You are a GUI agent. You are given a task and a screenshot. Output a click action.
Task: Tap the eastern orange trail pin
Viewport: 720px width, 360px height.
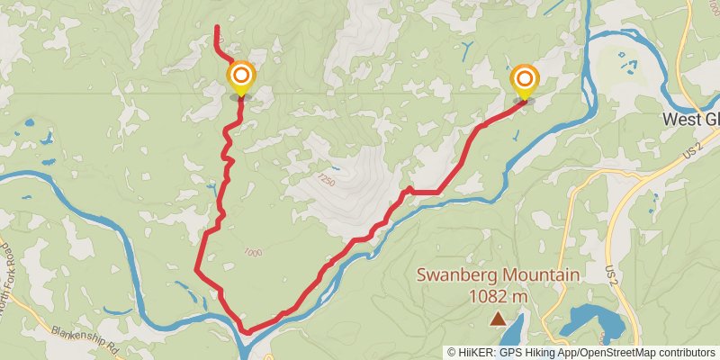point(523,80)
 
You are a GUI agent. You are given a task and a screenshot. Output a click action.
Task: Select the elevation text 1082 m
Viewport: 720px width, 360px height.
point(498,295)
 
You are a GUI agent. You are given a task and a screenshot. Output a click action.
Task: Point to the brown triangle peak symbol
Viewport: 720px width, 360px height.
point(498,318)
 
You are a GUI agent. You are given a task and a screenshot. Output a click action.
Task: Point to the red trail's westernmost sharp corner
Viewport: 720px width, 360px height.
point(197,267)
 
